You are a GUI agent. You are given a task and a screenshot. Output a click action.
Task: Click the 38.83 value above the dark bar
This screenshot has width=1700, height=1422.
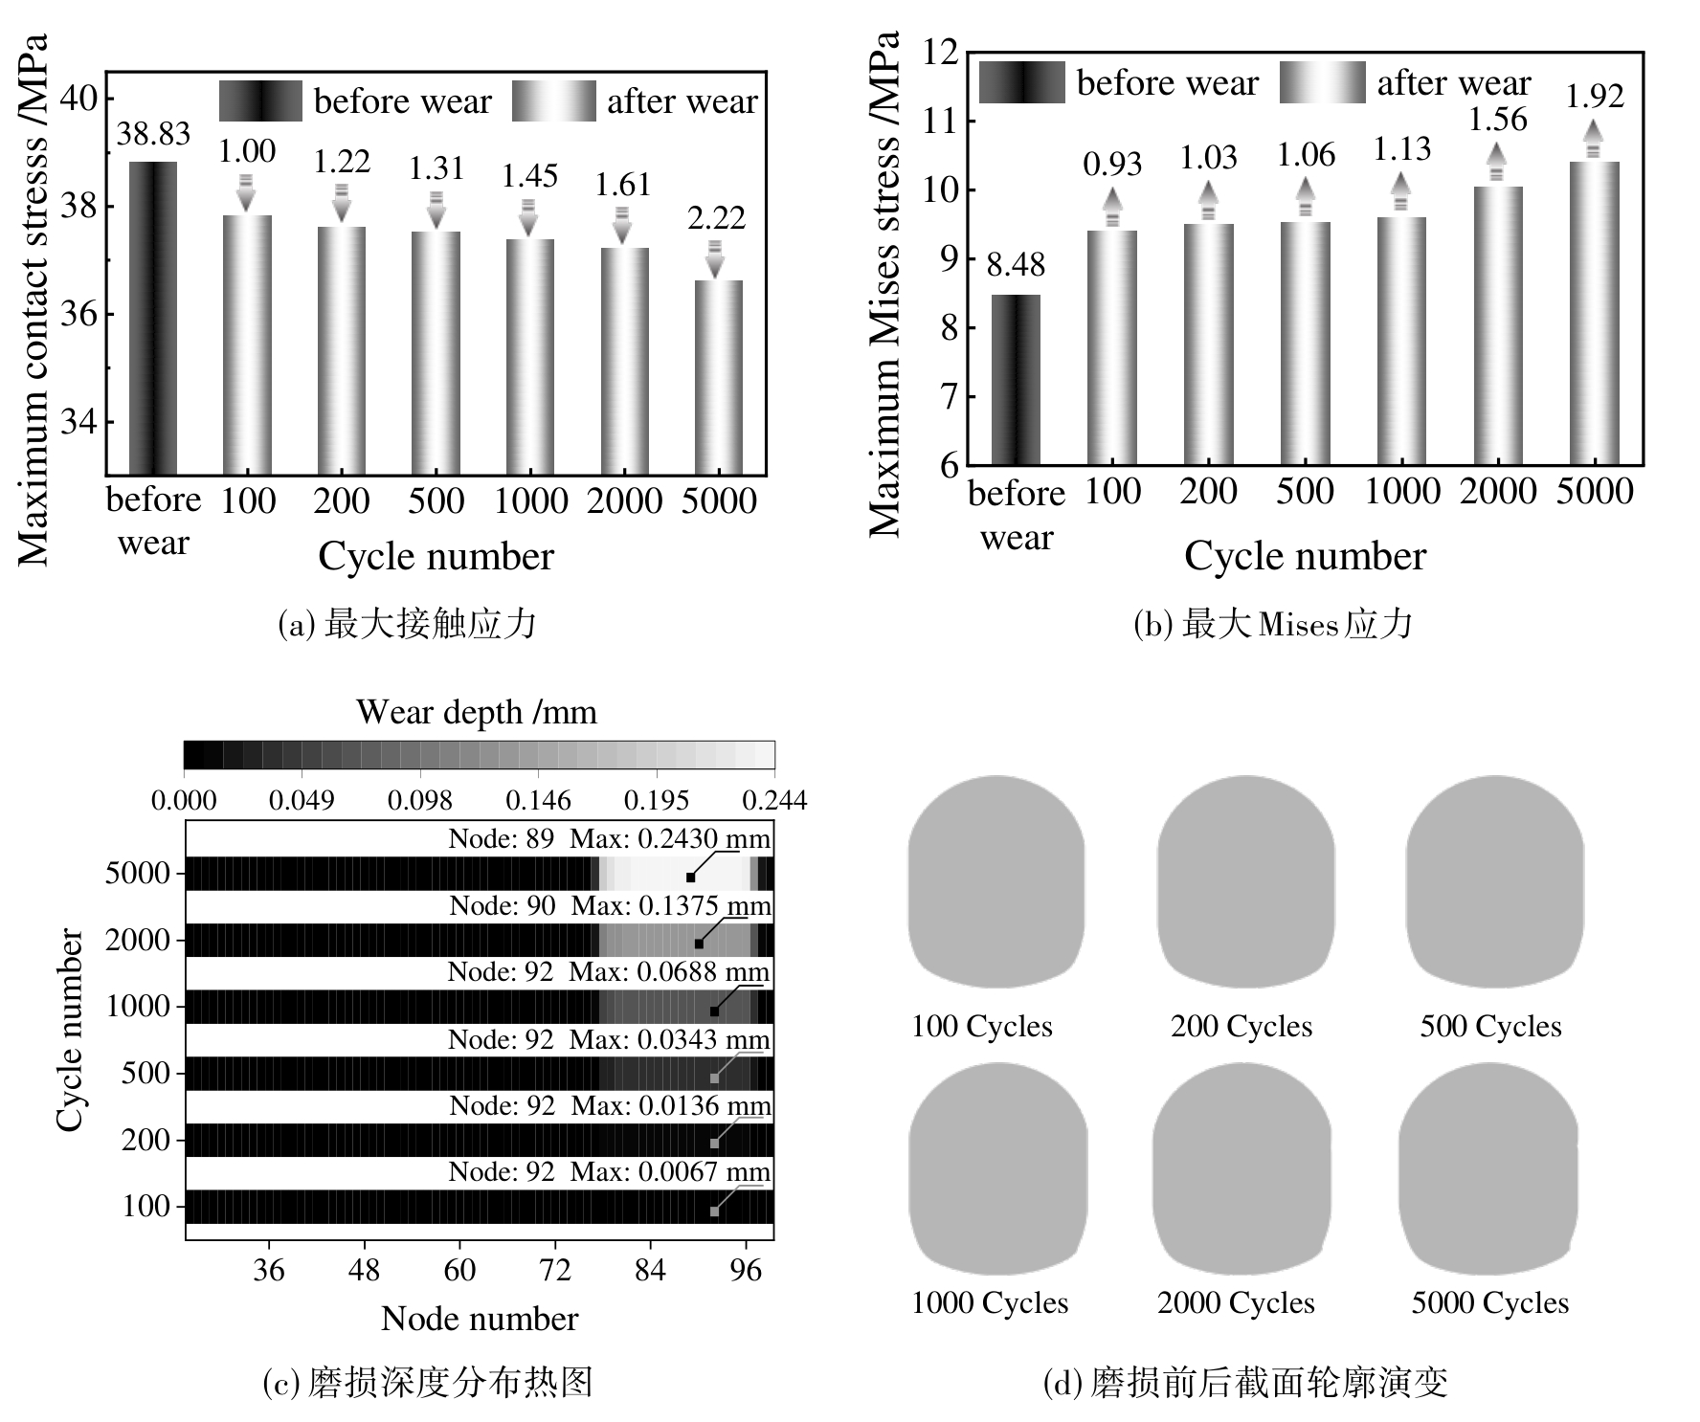point(153,134)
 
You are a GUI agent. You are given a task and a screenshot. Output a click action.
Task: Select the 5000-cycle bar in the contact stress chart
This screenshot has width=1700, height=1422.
point(717,377)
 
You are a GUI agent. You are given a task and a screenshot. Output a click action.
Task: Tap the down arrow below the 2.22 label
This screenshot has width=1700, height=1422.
point(715,259)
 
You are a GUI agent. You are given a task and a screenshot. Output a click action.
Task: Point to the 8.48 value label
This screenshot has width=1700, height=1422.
point(1016,265)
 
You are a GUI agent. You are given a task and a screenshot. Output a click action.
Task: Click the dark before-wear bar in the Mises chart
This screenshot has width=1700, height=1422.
point(1016,380)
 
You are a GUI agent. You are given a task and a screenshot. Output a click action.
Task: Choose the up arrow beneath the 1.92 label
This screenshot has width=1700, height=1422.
point(1593,139)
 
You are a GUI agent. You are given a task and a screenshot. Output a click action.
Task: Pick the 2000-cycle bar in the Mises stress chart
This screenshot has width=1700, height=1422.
point(1498,325)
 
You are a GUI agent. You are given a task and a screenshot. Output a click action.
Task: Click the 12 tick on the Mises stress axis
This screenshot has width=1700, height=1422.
point(940,52)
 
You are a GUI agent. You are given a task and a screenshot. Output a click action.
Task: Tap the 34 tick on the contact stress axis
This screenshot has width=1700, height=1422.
point(79,422)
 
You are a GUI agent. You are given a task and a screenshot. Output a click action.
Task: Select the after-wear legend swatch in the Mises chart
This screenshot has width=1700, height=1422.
point(1322,82)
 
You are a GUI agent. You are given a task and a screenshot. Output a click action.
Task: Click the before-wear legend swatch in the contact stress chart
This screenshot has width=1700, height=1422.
point(260,100)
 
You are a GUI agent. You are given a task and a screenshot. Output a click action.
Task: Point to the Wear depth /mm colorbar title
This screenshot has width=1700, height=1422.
point(476,712)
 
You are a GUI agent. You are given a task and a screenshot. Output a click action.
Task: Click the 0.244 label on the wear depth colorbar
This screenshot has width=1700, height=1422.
point(774,800)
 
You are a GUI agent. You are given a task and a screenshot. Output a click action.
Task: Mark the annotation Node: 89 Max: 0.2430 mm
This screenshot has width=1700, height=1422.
point(609,839)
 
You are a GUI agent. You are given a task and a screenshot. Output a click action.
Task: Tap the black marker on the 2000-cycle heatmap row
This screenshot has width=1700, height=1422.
point(699,944)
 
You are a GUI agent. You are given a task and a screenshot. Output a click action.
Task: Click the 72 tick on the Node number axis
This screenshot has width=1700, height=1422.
point(555,1270)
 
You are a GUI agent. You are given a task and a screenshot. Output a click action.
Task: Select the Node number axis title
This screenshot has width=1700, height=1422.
point(480,1319)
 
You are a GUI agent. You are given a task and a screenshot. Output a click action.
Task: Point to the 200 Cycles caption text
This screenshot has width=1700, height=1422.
point(1241,1026)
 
